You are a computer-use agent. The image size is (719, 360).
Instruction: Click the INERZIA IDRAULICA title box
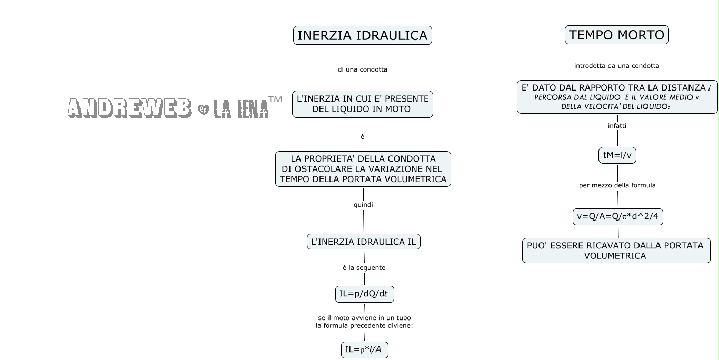(362, 36)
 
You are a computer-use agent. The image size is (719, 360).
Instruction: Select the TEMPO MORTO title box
(616, 35)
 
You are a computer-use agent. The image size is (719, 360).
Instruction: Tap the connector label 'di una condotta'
(362, 69)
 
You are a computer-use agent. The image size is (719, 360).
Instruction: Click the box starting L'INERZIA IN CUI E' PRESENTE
(363, 104)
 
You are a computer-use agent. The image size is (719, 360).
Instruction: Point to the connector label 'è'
(362, 137)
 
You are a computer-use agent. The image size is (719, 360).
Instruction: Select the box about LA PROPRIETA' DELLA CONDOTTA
(363, 169)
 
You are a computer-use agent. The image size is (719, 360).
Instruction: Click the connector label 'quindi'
(363, 205)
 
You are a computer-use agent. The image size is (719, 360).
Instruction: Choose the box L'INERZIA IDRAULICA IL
(363, 242)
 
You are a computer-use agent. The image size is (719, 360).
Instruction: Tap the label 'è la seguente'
(364, 268)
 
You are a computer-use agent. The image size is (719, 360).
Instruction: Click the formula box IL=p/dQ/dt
(364, 294)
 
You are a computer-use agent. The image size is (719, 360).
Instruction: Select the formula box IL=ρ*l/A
(364, 350)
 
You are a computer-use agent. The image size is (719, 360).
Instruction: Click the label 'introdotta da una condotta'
(616, 66)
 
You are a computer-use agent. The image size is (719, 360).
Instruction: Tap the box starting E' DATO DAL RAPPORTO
(617, 97)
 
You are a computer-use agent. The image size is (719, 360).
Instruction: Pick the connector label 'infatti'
(617, 126)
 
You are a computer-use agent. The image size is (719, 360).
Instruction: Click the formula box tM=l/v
(617, 155)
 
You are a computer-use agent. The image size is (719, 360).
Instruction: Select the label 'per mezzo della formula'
(617, 185)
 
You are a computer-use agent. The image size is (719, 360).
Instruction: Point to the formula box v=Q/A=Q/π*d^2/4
(617, 217)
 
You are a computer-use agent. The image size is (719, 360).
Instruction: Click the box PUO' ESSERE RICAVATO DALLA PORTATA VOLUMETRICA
(616, 251)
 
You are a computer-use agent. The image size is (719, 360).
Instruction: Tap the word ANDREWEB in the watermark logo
(129, 108)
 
